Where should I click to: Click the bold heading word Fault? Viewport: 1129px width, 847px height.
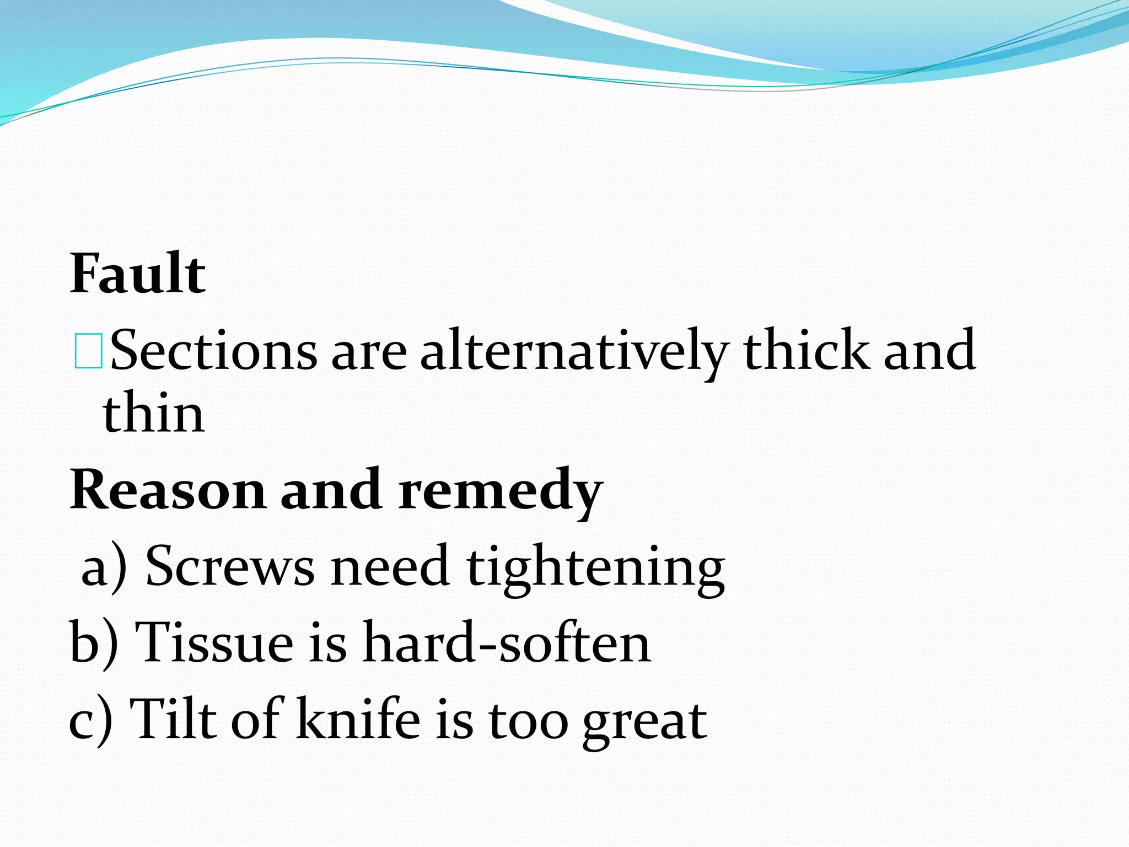(138, 274)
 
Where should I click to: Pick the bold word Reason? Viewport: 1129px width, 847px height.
(168, 490)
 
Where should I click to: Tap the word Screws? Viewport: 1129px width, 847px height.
(230, 566)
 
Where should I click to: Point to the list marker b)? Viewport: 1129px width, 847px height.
(94, 643)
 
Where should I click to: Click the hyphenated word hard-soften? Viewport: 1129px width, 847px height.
(506, 642)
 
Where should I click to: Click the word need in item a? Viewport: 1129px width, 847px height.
(390, 566)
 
